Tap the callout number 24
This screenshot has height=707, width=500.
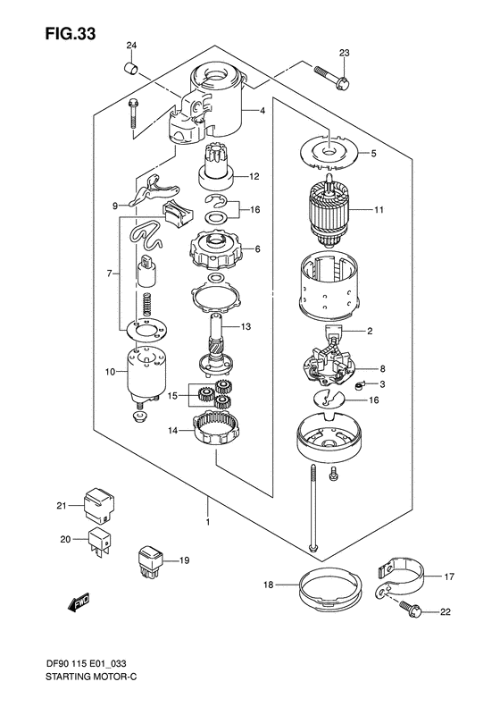pyautogui.click(x=131, y=46)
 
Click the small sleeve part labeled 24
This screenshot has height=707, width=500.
pyautogui.click(x=129, y=67)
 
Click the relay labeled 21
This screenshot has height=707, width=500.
pyautogui.click(x=97, y=504)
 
